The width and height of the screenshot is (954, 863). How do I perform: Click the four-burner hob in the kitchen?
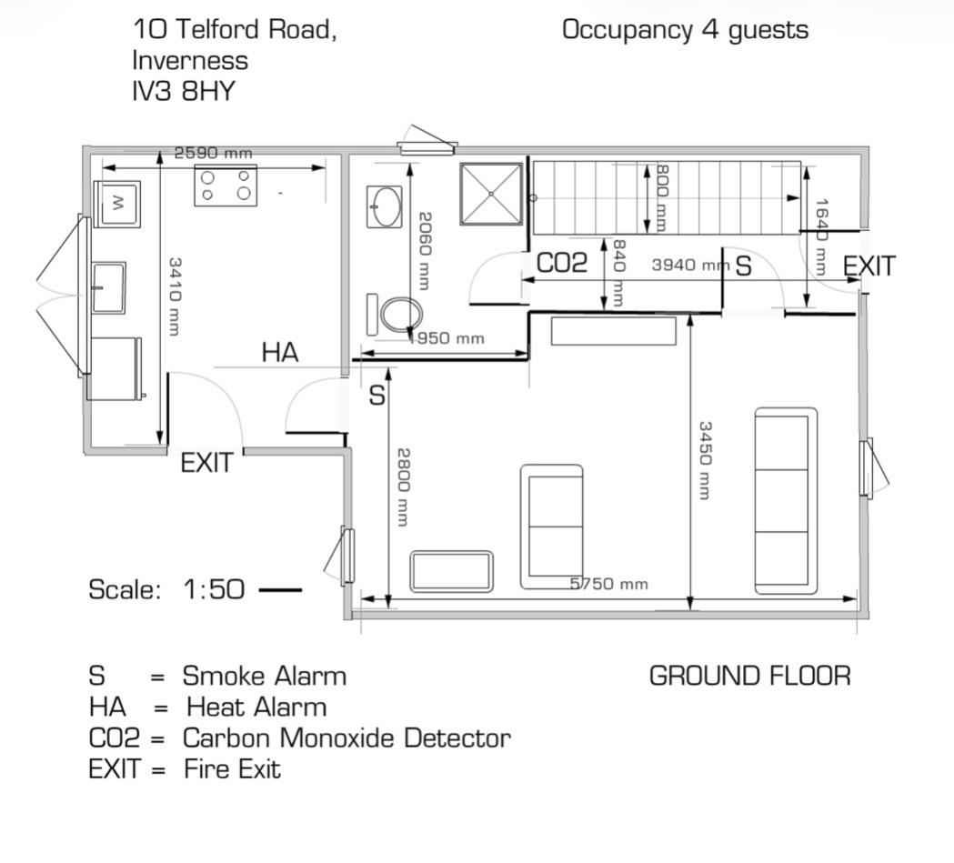coord(226,185)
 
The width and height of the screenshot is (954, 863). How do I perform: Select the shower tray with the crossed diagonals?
coord(491,194)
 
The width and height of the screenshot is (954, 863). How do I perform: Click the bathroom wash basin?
coord(386,206)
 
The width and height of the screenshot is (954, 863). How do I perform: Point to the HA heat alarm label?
coord(280,353)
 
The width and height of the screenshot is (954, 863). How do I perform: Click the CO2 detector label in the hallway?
coord(562,264)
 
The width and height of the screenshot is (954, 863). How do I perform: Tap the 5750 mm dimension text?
coord(608,584)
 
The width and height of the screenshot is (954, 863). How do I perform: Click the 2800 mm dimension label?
coord(403,487)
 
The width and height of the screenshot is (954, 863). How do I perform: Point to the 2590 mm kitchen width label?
coord(213,153)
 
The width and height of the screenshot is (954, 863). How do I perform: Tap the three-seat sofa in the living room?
coord(786,500)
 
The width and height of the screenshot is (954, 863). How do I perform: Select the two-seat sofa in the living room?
coord(552,527)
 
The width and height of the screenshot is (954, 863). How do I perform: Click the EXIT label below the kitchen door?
coord(206,463)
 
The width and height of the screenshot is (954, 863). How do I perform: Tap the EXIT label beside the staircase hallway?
coord(869,266)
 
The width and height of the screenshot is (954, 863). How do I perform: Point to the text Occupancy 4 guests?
coord(685,30)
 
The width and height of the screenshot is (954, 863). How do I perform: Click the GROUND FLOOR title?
coord(749,676)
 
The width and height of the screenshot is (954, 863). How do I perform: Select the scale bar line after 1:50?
coord(280,590)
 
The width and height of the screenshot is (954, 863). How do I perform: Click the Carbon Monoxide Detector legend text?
coord(346,738)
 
